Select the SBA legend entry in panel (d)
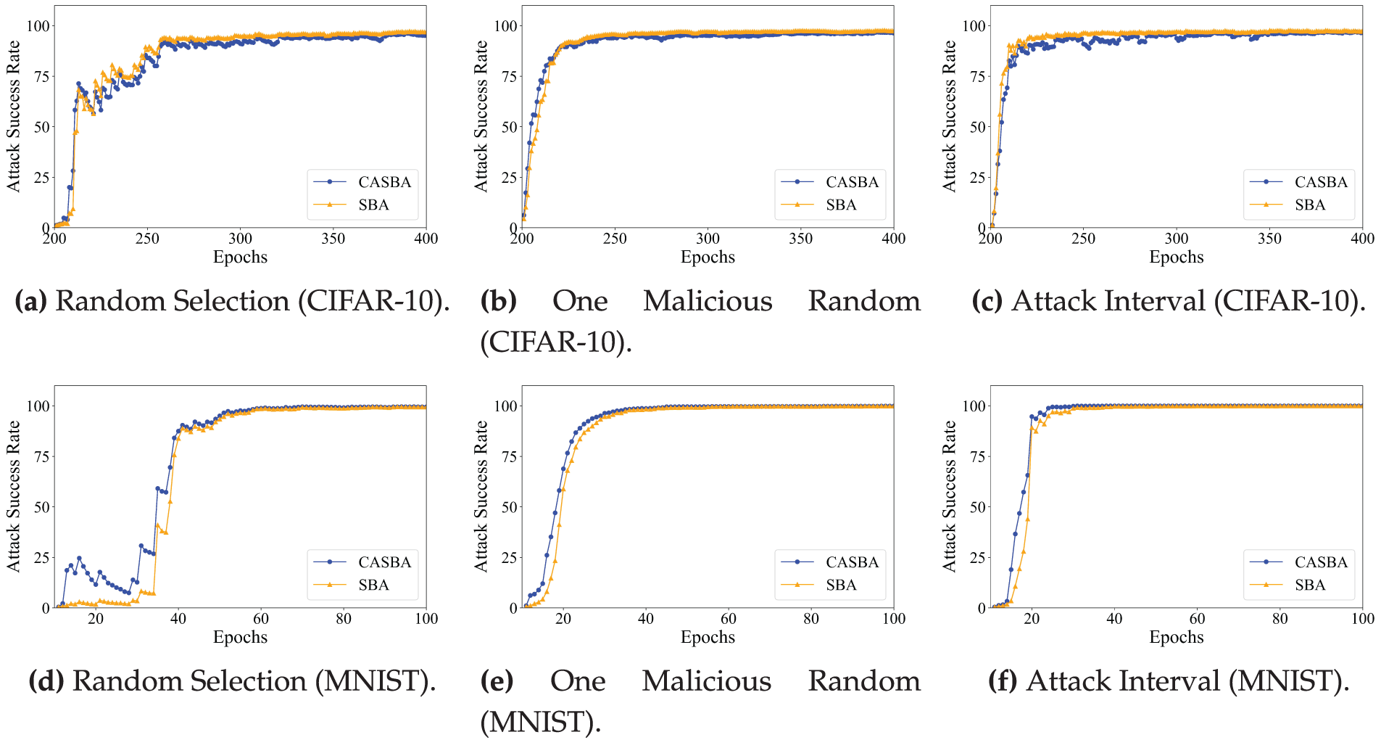tap(373, 585)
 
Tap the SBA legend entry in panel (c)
tap(1309, 205)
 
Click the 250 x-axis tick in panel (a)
tap(147, 239)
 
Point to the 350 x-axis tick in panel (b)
tap(801, 239)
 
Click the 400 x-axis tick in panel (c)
tap(1362, 239)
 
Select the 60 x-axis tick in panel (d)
tap(261, 619)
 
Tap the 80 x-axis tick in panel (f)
tap(1280, 619)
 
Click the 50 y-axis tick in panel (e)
tap(510, 507)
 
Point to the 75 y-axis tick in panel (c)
tap(977, 77)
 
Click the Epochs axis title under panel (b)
tap(708, 258)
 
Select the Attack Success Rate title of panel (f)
tap(949, 497)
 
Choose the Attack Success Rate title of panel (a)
tap(13, 116)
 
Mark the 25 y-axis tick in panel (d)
tap(41, 558)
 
